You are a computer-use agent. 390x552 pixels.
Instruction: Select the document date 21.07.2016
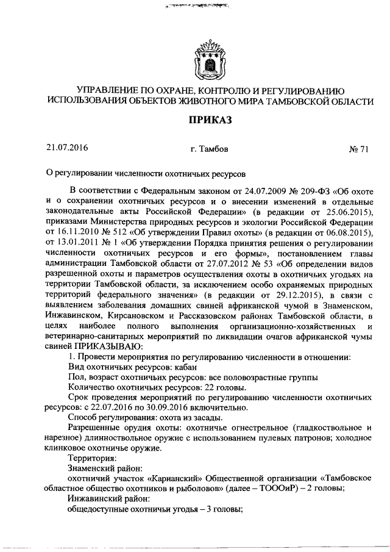pos(67,148)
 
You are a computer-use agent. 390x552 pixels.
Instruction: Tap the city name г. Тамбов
pos(209,148)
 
